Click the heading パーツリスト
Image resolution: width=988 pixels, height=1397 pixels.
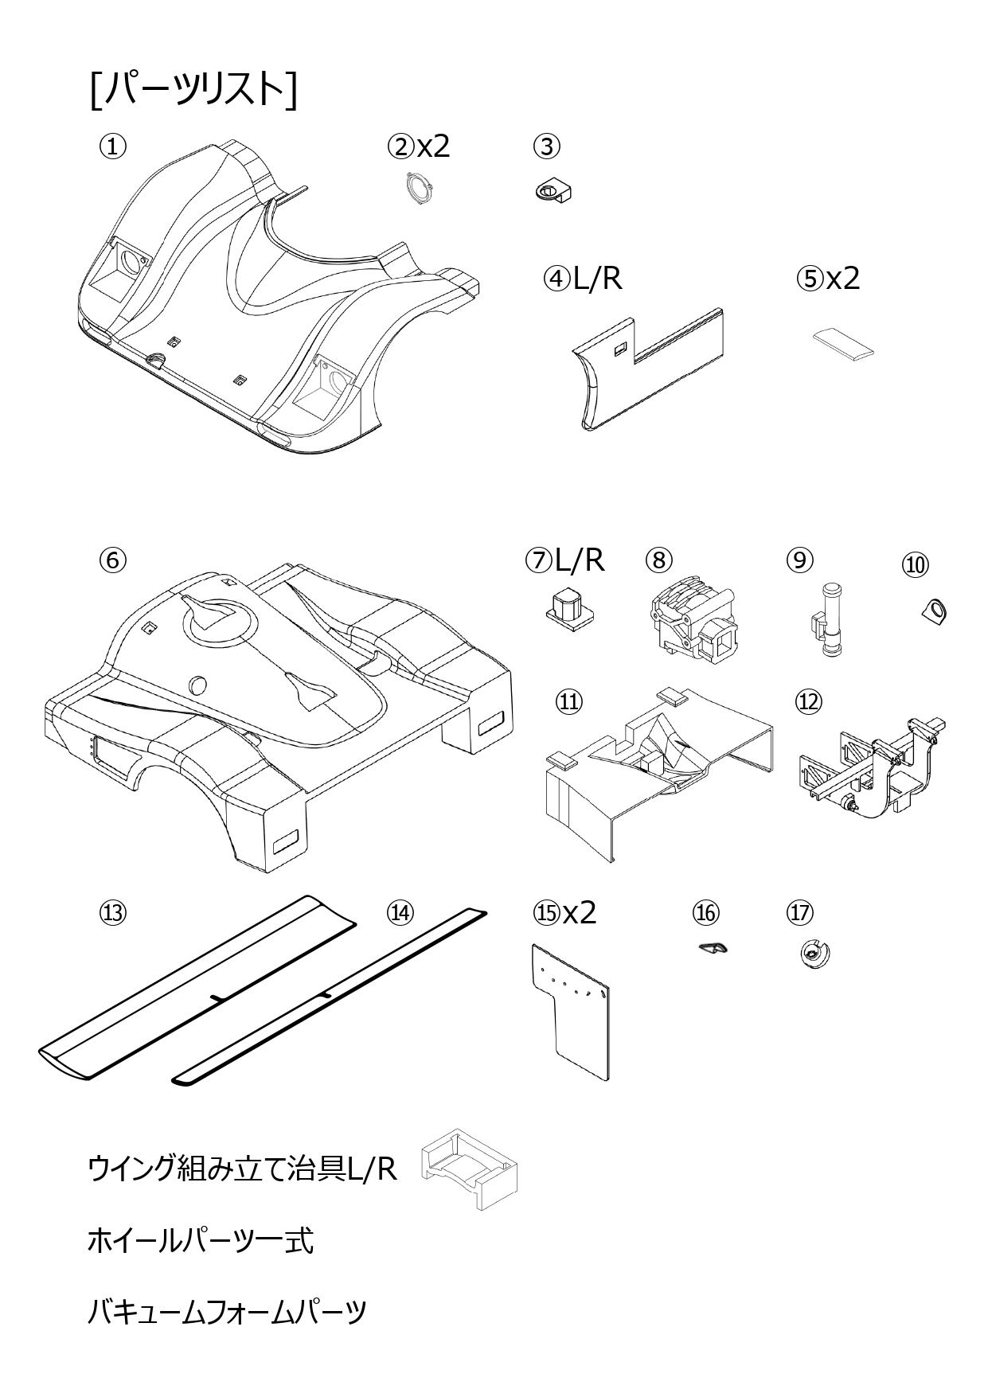193,89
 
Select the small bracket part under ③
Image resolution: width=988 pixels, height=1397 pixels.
553,191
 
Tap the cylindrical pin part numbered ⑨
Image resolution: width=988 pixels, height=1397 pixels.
827,621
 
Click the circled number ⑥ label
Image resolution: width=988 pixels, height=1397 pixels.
112,560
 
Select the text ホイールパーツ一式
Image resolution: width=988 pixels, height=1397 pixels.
200,1240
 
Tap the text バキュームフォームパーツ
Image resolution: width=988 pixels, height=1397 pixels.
227,1311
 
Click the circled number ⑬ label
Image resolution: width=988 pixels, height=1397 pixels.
112,912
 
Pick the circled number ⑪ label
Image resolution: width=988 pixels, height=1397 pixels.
568,701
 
